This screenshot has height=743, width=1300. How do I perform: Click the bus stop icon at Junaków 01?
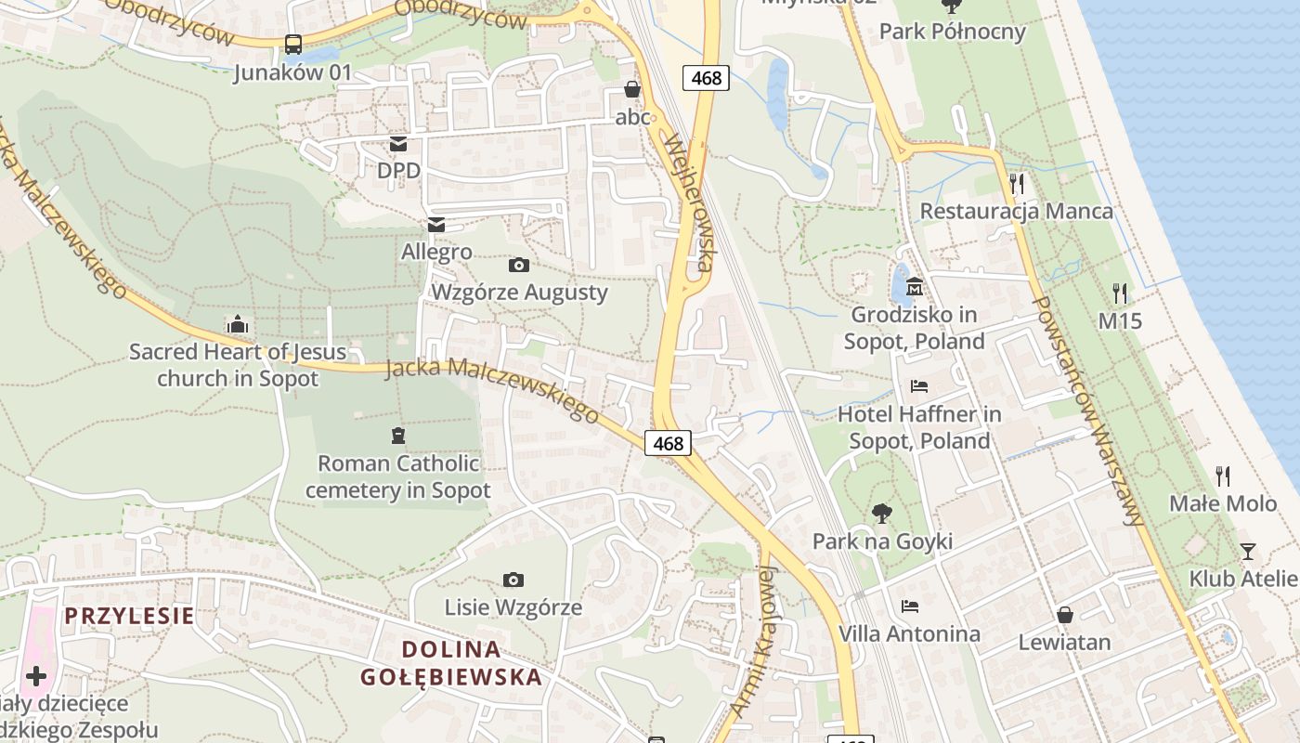[x=292, y=44]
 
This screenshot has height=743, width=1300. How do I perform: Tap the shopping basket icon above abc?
[x=632, y=89]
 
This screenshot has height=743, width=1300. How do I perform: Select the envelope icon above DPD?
[x=398, y=143]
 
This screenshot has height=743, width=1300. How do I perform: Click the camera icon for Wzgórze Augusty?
[x=519, y=266]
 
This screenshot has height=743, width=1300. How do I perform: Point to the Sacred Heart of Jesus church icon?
[x=238, y=324]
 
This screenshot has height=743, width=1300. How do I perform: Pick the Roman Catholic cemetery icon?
[x=398, y=435]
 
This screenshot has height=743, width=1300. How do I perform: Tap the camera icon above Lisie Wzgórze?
[x=513, y=580]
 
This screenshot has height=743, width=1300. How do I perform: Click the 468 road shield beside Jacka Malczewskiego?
[x=669, y=444]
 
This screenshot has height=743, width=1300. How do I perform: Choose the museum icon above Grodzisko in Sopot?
[x=915, y=286]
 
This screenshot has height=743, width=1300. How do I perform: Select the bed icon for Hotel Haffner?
[x=919, y=385]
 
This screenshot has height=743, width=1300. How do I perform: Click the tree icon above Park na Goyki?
[x=881, y=513]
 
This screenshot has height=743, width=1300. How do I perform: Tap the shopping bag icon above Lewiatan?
[x=1065, y=615]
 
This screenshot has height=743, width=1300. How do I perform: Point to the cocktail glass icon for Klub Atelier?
[x=1247, y=552]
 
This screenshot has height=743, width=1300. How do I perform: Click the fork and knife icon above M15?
[x=1120, y=293]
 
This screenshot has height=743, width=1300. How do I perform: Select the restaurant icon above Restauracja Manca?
[x=1017, y=183]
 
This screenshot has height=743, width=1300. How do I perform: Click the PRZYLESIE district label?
[x=129, y=616]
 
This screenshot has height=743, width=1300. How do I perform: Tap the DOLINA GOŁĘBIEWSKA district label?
[x=451, y=663]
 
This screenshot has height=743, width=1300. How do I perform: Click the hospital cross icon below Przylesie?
[x=36, y=676]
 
